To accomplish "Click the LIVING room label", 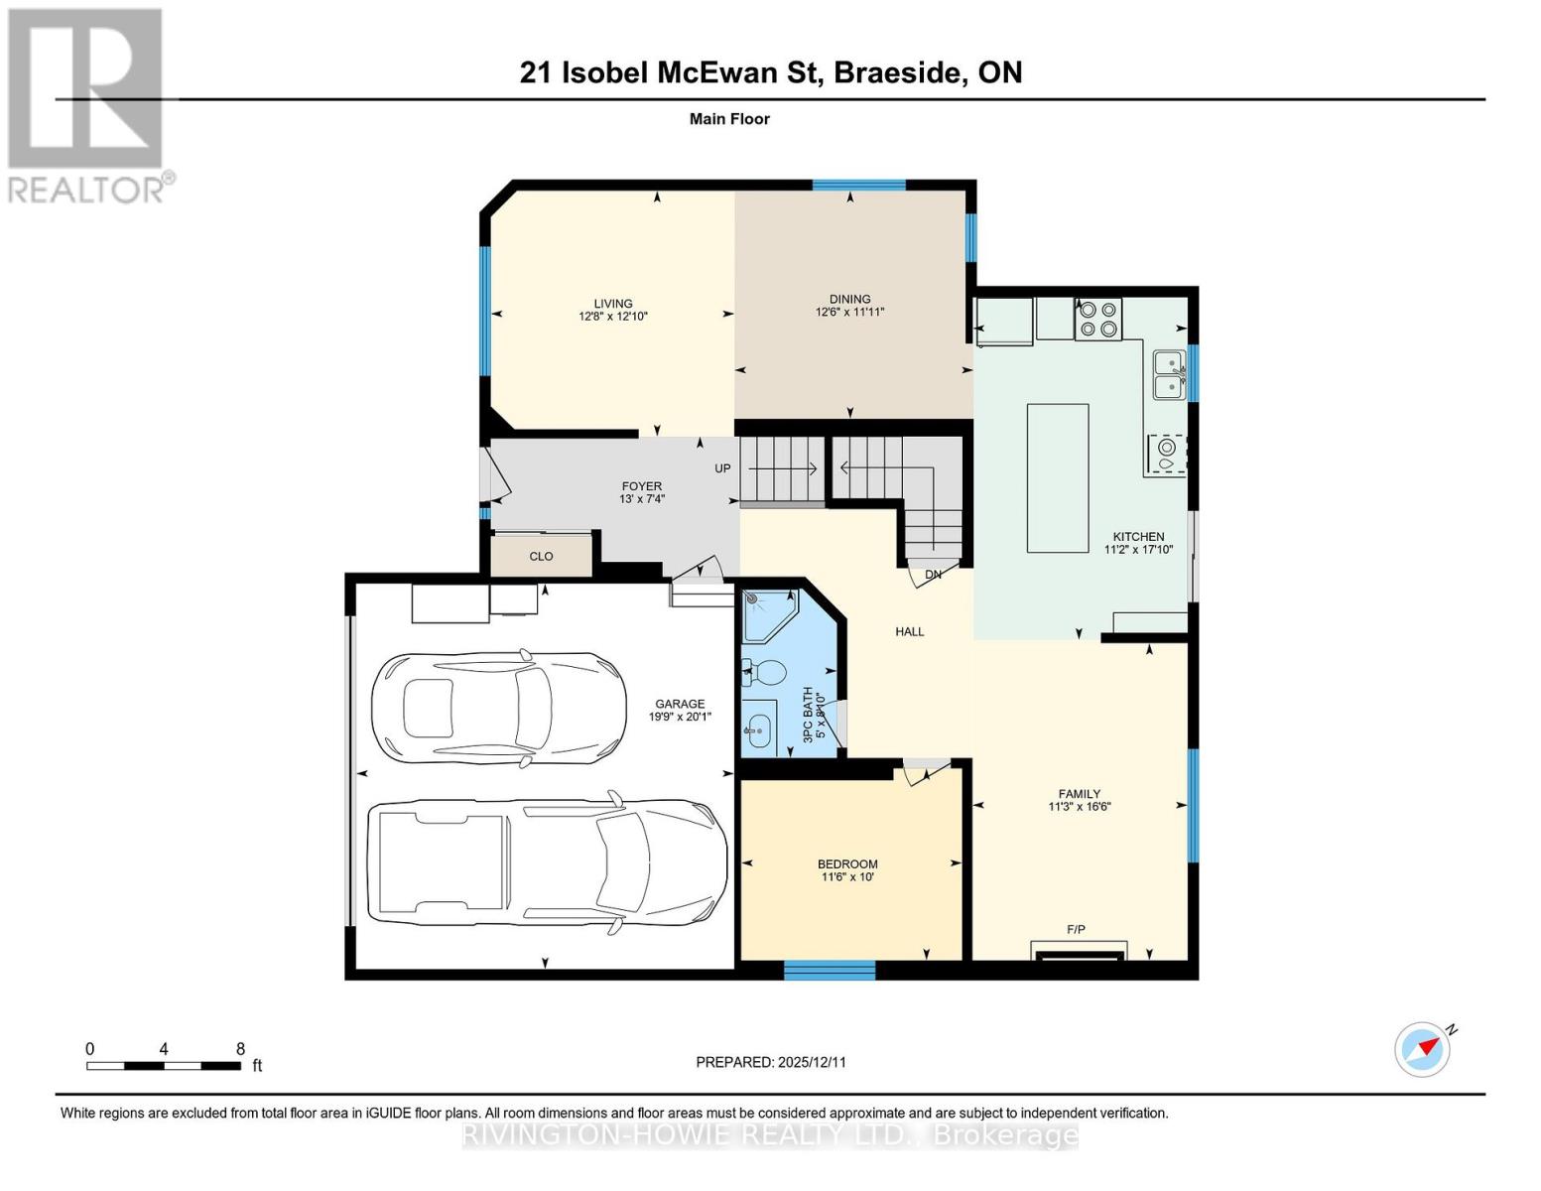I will click(x=612, y=304).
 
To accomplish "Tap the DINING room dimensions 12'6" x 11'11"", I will click(x=849, y=312).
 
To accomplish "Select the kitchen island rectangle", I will click(x=1057, y=477).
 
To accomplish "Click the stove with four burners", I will click(x=1097, y=319).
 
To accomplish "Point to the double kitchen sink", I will click(x=1168, y=374).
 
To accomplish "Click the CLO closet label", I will click(x=541, y=557).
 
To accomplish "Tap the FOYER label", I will click(x=641, y=486).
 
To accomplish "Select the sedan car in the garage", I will click(x=498, y=708).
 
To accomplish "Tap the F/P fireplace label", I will click(x=1076, y=930).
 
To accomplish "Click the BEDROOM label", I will click(x=847, y=864).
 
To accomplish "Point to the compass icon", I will click(x=1423, y=1049).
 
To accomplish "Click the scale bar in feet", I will click(x=164, y=1066).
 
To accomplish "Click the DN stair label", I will click(x=933, y=575).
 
